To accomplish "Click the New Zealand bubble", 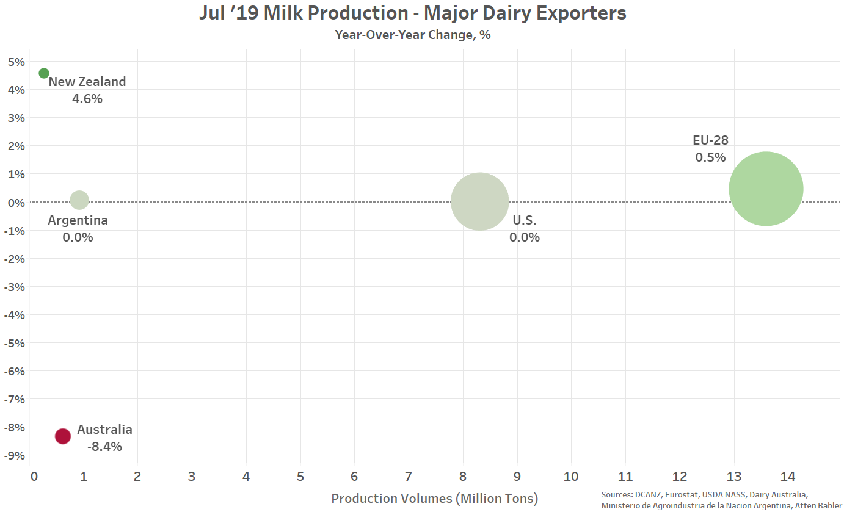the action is (x=44, y=73).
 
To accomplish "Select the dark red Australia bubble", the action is (x=62, y=436).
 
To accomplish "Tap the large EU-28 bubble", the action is (x=766, y=189).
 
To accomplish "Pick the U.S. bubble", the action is (x=479, y=201).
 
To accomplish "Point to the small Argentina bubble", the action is (x=79, y=200).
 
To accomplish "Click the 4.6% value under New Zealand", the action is (x=87, y=99).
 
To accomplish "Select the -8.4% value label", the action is (x=104, y=447).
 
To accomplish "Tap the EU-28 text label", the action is (x=711, y=140).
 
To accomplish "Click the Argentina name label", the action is (x=78, y=220).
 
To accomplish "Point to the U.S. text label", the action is (x=525, y=220).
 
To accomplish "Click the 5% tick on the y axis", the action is (x=16, y=62).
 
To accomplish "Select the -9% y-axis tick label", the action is (x=14, y=455).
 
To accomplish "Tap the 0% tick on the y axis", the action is (x=16, y=203).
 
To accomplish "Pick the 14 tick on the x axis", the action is (x=787, y=477).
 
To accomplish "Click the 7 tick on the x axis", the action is (x=409, y=477).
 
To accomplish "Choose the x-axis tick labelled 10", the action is (x=571, y=477).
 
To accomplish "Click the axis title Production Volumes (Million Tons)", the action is (x=435, y=499).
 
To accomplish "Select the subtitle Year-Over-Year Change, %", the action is (x=413, y=35).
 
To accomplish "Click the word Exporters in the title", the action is (x=581, y=13).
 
